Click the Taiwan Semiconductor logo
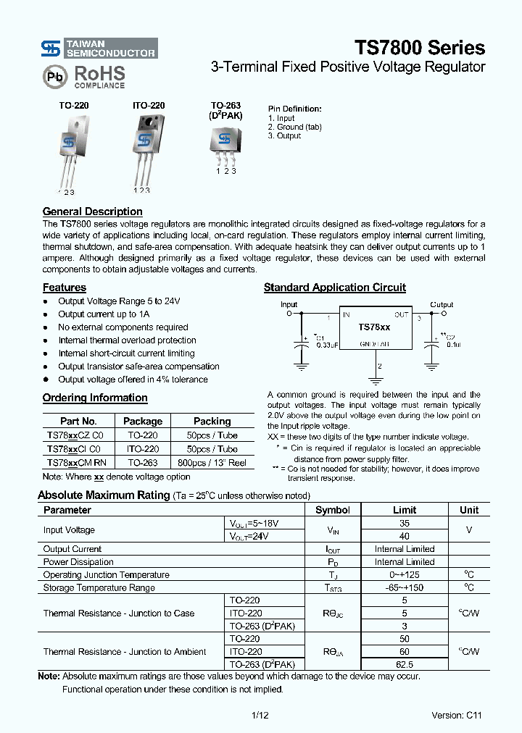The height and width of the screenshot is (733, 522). (98, 49)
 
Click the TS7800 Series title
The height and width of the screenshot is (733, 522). (419, 48)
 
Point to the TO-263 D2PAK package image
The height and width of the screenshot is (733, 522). (225, 141)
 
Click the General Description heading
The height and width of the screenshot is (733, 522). (92, 211)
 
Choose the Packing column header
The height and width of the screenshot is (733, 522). (212, 421)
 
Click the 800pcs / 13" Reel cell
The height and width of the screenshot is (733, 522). (212, 462)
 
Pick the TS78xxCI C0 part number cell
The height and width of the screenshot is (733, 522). (75, 449)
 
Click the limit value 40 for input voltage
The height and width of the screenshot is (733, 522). (404, 536)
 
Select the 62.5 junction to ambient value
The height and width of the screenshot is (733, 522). (404, 664)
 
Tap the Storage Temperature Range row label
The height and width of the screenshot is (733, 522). (99, 588)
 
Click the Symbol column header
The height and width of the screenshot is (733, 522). (332, 510)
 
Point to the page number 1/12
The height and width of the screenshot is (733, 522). (260, 716)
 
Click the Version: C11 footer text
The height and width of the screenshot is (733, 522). (456, 716)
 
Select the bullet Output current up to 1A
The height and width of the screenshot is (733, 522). (104, 314)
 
